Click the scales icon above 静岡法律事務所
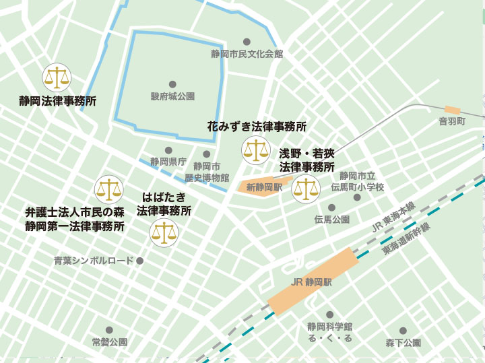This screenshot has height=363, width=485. point(57,78)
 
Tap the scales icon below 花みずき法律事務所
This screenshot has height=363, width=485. point(256,150)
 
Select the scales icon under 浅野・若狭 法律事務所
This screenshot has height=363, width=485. point(305,189)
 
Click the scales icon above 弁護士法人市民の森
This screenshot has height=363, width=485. point(109,190)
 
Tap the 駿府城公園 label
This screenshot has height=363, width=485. point(172,96)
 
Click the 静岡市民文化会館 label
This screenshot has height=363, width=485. point(247,53)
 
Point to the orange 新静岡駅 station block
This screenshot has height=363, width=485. point(263,187)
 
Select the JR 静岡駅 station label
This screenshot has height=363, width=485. point(309,283)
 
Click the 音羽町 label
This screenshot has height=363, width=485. point(452,121)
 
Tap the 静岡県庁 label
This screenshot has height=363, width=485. point(168,162)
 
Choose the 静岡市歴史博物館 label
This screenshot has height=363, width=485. point(207,172)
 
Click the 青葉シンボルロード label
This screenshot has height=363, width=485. point(94,261)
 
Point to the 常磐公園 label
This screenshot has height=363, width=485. point(110,342)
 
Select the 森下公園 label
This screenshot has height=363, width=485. point(403,343)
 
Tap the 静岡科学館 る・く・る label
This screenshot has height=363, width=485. point(330,332)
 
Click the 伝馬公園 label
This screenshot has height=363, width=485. point(331,220)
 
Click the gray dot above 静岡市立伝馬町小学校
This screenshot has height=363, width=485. point(356,164)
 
